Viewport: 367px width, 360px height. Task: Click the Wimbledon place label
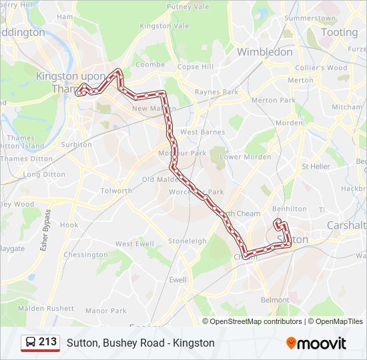(264, 51)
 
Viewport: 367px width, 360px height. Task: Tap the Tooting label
(339, 32)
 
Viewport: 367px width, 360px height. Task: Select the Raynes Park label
(216, 92)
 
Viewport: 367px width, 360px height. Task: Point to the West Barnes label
(202, 132)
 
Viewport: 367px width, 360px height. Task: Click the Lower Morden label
(246, 157)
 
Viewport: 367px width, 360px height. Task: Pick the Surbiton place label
(76, 144)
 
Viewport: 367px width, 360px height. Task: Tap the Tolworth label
(116, 191)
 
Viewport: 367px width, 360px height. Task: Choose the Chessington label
(85, 255)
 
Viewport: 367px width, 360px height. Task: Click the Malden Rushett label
(46, 308)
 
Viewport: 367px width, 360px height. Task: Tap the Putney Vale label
(188, 7)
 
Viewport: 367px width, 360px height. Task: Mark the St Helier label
(316, 166)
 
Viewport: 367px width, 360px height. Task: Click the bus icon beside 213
(31, 342)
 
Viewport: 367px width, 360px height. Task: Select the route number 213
(48, 342)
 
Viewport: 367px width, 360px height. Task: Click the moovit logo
(316, 343)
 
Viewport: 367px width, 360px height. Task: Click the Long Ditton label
(44, 175)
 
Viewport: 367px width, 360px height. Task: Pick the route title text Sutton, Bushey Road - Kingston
(140, 343)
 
